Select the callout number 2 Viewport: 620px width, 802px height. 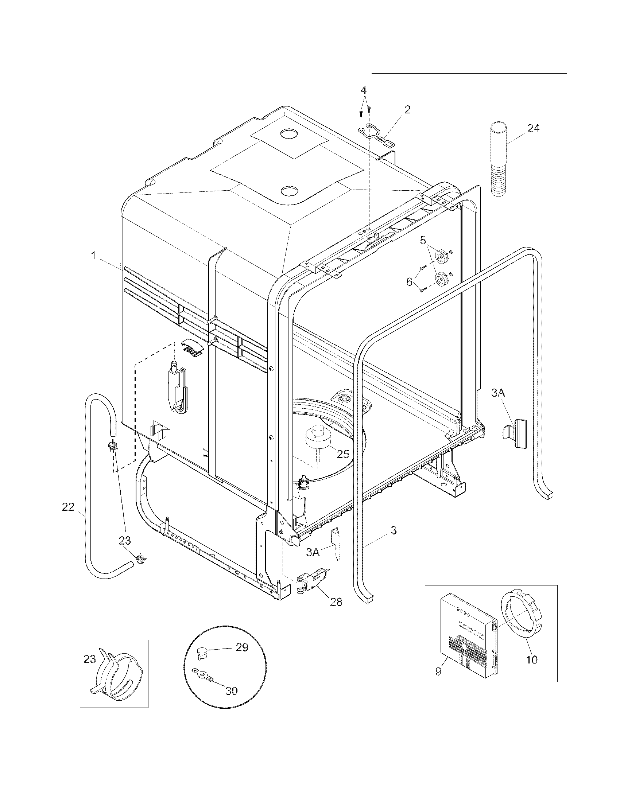[407, 109]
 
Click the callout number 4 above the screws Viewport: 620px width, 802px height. [363, 90]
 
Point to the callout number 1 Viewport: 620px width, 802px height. [94, 256]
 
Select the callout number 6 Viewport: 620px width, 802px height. [409, 282]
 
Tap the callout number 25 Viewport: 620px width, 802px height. [343, 454]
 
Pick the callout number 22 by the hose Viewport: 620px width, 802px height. [68, 507]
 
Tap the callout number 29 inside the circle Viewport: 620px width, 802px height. [242, 647]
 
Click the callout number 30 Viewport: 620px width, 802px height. [231, 691]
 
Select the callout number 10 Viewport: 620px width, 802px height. [531, 659]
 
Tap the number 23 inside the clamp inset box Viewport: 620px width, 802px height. [90, 659]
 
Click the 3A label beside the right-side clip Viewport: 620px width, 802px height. [498, 393]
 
